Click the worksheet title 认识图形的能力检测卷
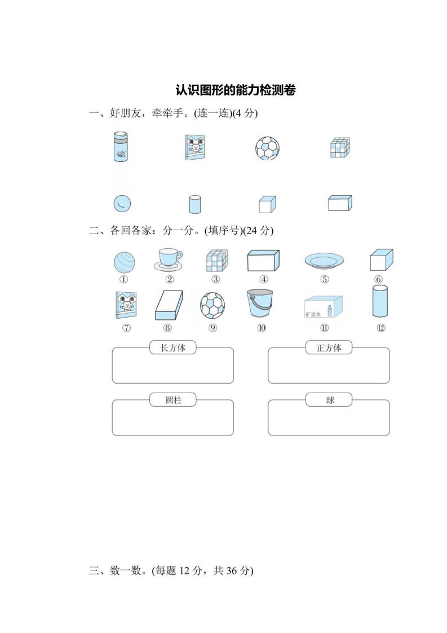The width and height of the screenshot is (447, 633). tap(235, 90)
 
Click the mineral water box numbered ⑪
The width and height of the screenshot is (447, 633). tap(325, 307)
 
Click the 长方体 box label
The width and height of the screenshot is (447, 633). tap(173, 348)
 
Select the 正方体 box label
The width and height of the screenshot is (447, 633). tap(329, 348)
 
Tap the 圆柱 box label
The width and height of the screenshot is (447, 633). tap(173, 400)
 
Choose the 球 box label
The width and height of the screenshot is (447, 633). tap(329, 400)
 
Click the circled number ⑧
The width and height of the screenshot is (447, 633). tap(167, 329)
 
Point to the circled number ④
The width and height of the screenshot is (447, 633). tap(263, 279)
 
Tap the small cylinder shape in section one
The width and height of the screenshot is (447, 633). tap(194, 204)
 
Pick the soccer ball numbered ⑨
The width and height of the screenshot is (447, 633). tap(212, 305)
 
